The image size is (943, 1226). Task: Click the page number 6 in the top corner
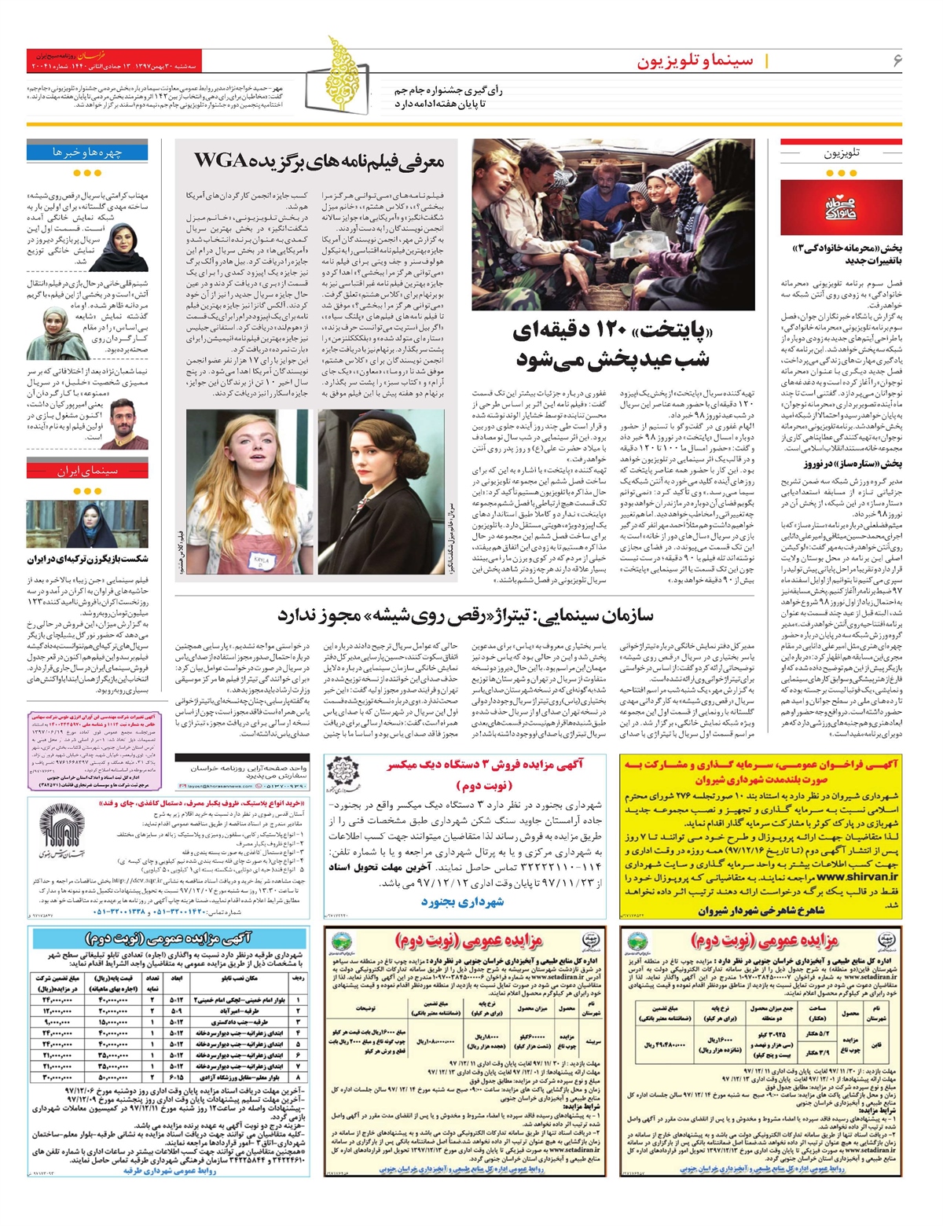point(897,61)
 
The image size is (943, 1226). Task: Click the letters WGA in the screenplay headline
point(222,161)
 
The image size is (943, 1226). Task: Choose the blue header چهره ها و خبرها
point(87,151)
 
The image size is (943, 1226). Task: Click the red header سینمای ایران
point(87,471)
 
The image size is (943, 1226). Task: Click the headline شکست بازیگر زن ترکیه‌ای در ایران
point(87,560)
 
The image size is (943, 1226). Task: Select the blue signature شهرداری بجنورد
point(462,902)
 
